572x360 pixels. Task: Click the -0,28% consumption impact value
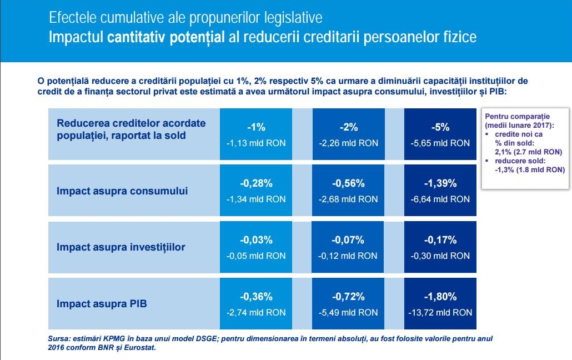point(256,183)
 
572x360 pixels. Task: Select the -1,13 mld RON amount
point(256,143)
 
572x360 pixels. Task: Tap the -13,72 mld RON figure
point(440,312)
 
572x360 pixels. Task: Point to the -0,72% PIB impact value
point(348,297)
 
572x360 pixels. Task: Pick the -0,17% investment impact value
point(440,240)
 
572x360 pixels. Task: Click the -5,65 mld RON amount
point(440,143)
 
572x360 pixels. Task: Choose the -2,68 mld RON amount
point(348,199)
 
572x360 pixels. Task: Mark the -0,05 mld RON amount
point(256,256)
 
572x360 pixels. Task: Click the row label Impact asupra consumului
point(122,191)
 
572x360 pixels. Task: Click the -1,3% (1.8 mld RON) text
point(529,170)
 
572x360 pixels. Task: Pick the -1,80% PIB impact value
point(440,297)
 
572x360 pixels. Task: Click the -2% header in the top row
point(348,127)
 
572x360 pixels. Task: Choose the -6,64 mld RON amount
point(440,199)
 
